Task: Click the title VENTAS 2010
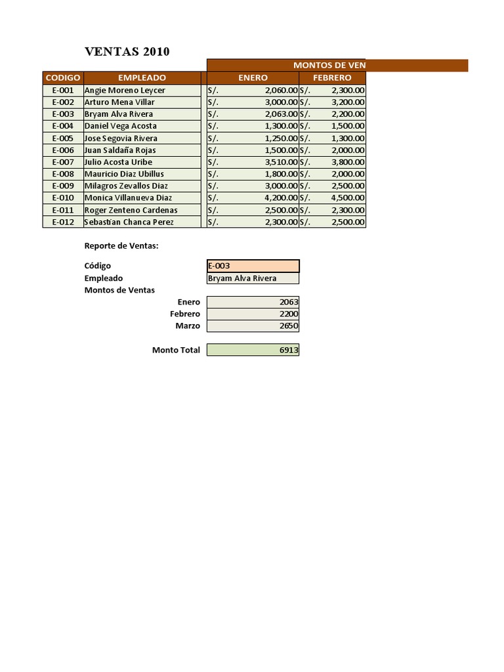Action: [127, 52]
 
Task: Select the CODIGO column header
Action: [63, 77]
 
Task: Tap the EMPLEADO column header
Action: [142, 77]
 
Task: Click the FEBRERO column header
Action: [332, 77]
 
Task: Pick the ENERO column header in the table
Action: [253, 77]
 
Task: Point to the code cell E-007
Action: [63, 162]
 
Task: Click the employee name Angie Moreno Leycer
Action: [125, 90]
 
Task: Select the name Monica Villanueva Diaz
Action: [128, 198]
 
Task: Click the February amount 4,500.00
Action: [348, 198]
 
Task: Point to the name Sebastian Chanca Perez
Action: [129, 222]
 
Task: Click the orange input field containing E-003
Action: [253, 266]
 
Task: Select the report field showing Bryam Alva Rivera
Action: [253, 278]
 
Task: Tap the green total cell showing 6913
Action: [253, 350]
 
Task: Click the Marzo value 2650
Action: [253, 326]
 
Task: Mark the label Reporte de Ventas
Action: [121, 246]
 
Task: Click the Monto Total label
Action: [176, 350]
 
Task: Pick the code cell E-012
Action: [63, 222]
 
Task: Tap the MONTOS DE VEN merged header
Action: [329, 65]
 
